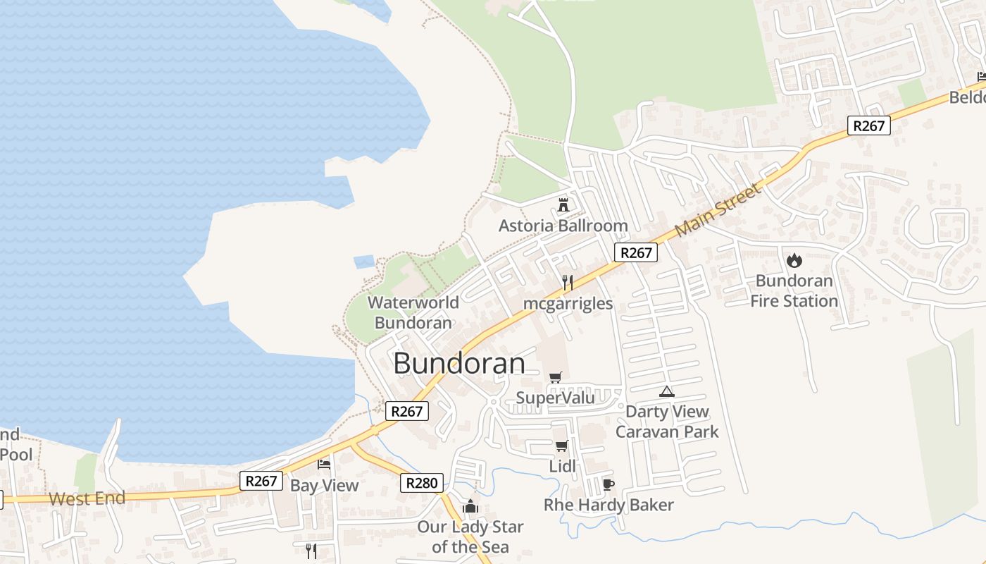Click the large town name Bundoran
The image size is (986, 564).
(459, 364)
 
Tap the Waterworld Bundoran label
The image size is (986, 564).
(413, 313)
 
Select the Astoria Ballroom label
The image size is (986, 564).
(563, 226)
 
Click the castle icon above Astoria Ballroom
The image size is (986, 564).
(563, 205)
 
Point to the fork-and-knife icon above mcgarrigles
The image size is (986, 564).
(568, 283)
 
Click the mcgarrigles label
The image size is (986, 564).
(568, 304)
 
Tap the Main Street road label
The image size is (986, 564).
(718, 210)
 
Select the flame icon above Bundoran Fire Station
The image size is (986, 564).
(794, 260)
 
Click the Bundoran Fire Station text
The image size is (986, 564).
(794, 291)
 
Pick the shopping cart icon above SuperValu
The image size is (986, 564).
(556, 377)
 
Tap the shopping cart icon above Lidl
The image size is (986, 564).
(561, 446)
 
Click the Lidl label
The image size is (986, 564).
(562, 466)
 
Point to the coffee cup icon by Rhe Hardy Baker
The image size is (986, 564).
(609, 484)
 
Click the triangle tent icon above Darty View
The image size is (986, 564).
(666, 391)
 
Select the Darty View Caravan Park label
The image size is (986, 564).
(667, 422)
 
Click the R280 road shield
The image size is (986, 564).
(423, 483)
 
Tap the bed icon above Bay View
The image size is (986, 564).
(324, 464)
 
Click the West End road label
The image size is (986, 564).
(87, 498)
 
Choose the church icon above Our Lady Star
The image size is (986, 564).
(470, 506)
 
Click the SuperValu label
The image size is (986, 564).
(555, 398)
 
